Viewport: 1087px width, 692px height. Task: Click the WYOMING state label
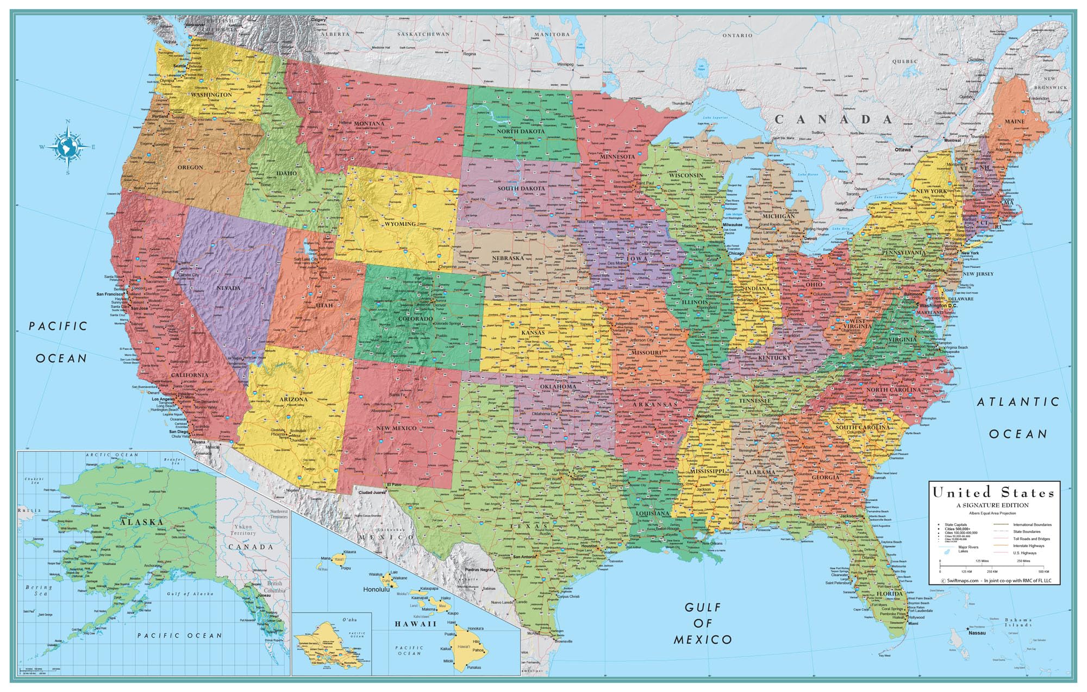point(400,224)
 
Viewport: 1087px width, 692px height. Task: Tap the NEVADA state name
point(228,288)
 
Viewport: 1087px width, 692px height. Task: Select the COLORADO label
point(416,319)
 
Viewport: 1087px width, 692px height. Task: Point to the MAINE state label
point(1014,121)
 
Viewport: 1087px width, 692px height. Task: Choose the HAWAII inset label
point(416,624)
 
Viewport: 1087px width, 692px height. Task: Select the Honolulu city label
point(376,589)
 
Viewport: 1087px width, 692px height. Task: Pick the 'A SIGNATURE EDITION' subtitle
point(993,505)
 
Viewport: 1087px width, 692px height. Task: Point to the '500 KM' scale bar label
point(1044,572)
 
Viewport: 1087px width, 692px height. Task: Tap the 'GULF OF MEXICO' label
point(703,623)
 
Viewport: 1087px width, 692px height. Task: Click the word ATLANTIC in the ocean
point(1019,402)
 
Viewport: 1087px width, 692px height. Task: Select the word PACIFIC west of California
point(58,326)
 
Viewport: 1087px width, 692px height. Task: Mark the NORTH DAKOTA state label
point(520,131)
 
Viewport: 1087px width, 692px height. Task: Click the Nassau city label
point(977,633)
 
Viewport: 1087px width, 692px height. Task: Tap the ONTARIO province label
point(738,35)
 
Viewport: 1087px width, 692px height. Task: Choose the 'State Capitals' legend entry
point(955,525)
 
